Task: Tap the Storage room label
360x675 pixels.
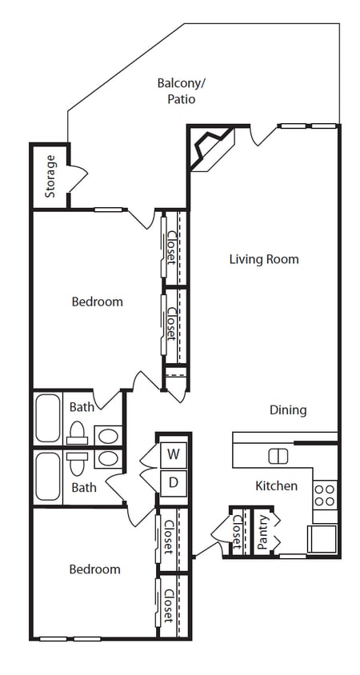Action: [x=50, y=176]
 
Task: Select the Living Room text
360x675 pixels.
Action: [x=264, y=259]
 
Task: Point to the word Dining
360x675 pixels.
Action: [x=287, y=410]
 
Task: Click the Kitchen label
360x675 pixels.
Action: [x=276, y=485]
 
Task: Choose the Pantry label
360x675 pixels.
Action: [x=263, y=531]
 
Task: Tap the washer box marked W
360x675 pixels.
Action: [x=173, y=456]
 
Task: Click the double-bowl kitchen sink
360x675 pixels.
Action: [x=278, y=456]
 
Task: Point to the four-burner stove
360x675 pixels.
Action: [x=325, y=494]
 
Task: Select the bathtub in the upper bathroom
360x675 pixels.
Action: [x=48, y=418]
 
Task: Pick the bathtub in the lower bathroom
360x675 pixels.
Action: [x=48, y=477]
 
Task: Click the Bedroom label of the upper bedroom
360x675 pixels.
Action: [x=98, y=302]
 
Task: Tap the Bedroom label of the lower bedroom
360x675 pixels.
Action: [x=94, y=569]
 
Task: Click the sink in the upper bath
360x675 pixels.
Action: [x=108, y=436]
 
